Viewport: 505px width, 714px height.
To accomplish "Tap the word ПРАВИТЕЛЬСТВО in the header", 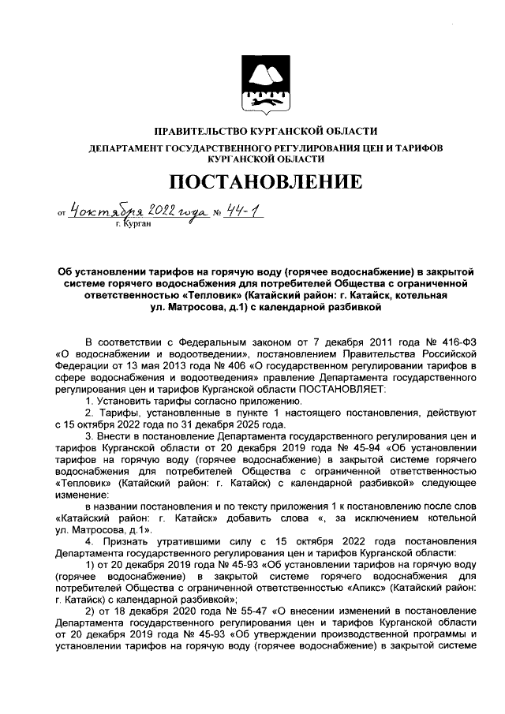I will pos(191,130).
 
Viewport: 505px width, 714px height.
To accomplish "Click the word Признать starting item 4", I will pos(129,544).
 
